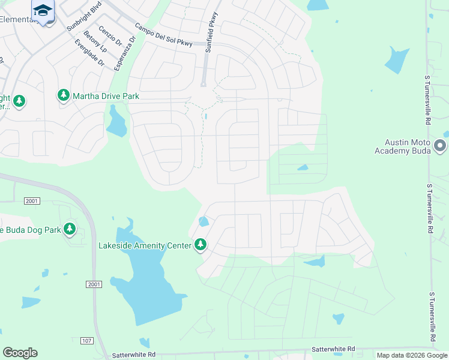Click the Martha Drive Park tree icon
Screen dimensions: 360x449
click(64, 95)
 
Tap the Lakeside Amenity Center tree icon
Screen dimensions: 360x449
click(200, 245)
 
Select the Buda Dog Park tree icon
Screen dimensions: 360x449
click(70, 229)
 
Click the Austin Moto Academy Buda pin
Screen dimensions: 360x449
click(440, 146)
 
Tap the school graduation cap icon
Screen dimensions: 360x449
click(43, 10)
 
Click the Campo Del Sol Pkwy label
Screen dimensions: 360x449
click(163, 35)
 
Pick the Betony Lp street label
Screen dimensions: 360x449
click(94, 41)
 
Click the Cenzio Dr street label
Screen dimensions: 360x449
click(110, 36)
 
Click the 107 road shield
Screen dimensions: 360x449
click(86, 341)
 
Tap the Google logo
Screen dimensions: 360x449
click(20, 353)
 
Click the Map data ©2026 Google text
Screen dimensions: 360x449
click(411, 355)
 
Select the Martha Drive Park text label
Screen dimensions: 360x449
click(106, 95)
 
